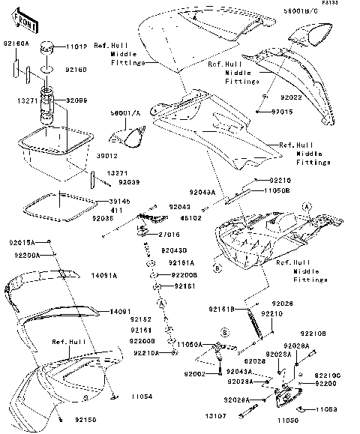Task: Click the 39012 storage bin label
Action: (x=109, y=155)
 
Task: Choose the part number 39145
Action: (x=109, y=202)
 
